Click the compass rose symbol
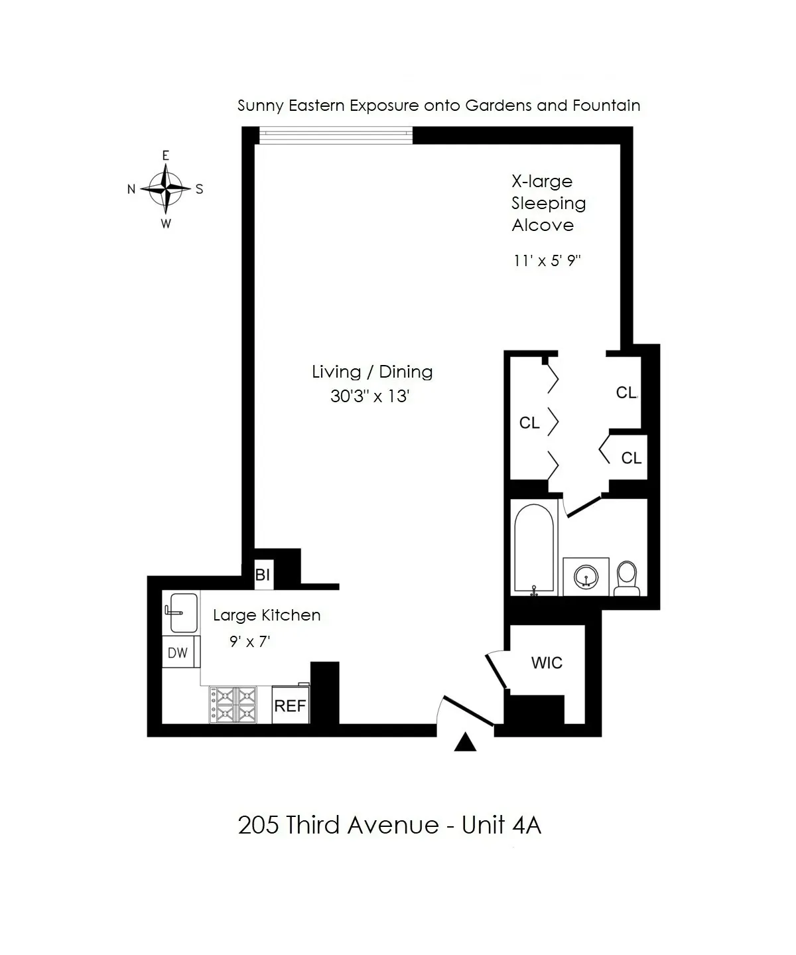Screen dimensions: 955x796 (166, 188)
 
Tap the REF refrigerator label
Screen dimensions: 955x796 (290, 705)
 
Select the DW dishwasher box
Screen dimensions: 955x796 (178, 652)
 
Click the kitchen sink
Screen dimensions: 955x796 (180, 612)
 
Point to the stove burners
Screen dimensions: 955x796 (233, 704)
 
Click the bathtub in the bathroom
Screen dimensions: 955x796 (534, 550)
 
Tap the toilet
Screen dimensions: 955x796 (626, 578)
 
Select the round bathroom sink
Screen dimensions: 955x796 (586, 576)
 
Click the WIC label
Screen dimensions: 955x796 (547, 662)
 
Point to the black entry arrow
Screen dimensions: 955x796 (465, 743)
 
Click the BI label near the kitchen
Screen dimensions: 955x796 (263, 575)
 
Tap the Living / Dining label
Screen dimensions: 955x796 (372, 372)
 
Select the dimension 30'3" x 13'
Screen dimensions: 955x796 (370, 396)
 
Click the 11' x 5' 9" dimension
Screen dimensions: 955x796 (547, 260)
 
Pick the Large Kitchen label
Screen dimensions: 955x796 (267, 615)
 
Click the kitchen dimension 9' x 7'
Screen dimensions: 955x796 (249, 642)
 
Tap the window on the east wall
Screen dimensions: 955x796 (336, 136)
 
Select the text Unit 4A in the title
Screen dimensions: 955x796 (501, 825)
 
